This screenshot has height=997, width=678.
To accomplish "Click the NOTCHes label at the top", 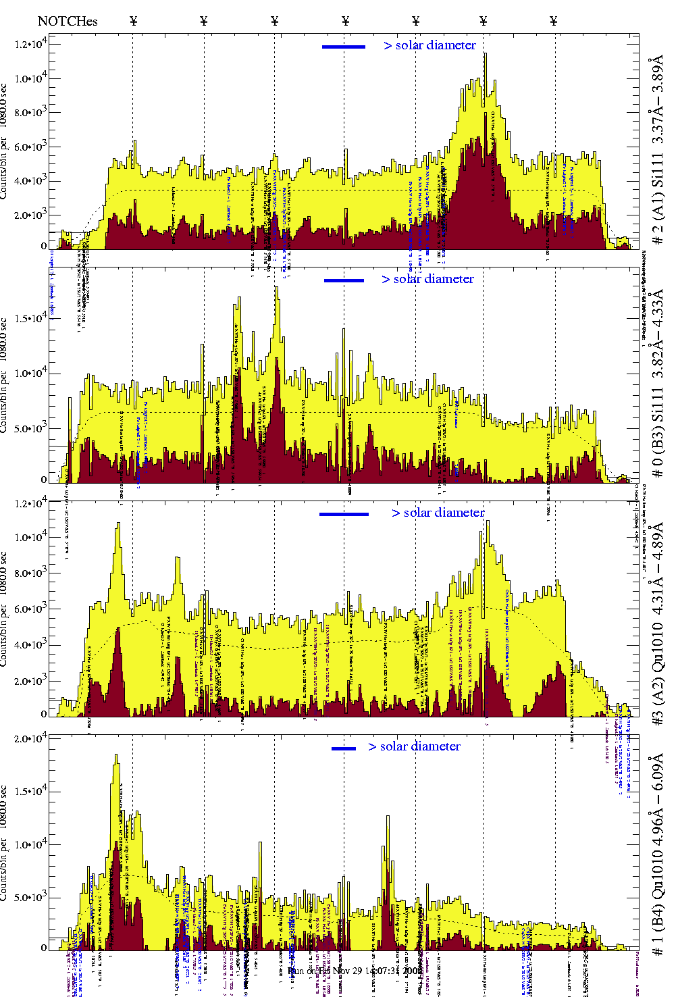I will click(x=68, y=21).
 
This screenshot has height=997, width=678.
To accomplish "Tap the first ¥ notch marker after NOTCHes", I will click(x=134, y=21).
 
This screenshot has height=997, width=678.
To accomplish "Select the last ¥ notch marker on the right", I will click(x=554, y=21).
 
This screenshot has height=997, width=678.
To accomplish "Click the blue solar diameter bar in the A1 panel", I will click(x=344, y=47).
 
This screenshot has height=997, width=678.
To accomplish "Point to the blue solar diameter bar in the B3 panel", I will click(x=344, y=280).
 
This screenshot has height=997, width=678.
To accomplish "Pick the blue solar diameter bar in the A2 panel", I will click(x=344, y=514).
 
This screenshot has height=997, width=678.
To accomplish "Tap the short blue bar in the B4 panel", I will click(x=344, y=748).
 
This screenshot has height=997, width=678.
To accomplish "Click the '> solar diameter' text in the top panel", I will click(x=430, y=45).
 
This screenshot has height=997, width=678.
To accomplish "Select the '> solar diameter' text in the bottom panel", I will click(x=415, y=746).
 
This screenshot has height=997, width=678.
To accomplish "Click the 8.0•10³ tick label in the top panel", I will click(x=30, y=113).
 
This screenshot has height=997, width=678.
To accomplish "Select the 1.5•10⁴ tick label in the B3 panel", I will click(x=30, y=318).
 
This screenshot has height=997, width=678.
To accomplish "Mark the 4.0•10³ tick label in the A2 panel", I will click(x=30, y=644).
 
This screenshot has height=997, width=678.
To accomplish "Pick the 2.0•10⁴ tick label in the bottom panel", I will click(x=30, y=738).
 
